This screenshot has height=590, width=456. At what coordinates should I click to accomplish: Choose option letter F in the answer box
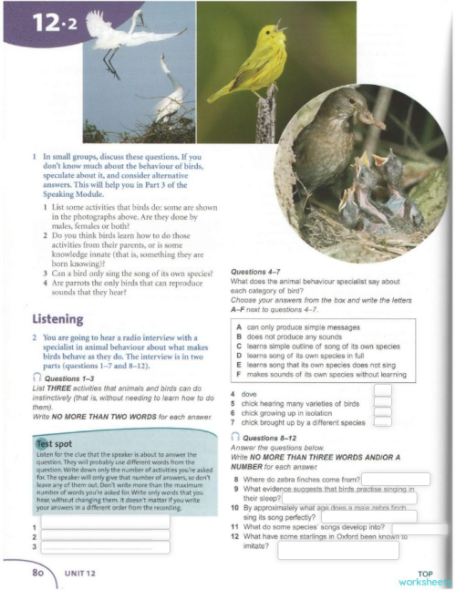[x=238, y=374]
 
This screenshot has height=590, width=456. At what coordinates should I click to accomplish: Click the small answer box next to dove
[x=383, y=389]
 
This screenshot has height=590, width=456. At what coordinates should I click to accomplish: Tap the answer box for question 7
[x=383, y=421]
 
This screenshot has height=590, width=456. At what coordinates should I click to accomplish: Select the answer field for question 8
[x=396, y=478]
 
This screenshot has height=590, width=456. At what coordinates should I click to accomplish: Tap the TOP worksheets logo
[x=425, y=577]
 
